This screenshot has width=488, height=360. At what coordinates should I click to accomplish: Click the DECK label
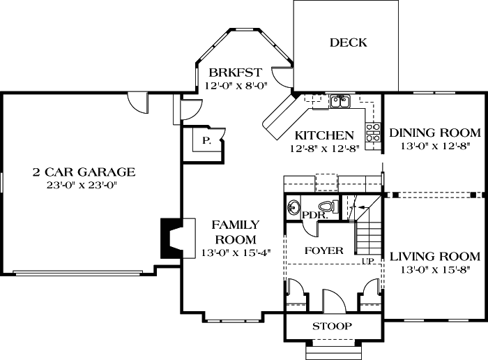click(x=348, y=43)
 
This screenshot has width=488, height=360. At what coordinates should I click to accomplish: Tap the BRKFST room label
click(x=230, y=73)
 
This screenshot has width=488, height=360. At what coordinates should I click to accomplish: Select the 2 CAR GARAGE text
click(x=83, y=172)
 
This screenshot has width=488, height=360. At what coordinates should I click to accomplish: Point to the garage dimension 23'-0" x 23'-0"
click(x=83, y=186)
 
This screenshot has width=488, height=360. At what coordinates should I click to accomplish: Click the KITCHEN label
click(x=324, y=135)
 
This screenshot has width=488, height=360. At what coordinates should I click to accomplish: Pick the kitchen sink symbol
click(x=340, y=103)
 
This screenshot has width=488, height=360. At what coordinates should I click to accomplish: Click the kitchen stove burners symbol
click(x=373, y=133)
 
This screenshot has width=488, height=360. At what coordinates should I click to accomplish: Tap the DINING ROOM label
click(x=434, y=133)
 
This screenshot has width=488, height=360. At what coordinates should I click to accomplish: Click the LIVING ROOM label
click(x=434, y=256)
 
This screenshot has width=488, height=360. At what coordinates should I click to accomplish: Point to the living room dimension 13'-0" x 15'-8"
click(x=434, y=270)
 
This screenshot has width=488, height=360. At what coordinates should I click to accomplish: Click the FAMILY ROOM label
click(x=236, y=232)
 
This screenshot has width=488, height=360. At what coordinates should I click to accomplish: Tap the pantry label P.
click(x=206, y=140)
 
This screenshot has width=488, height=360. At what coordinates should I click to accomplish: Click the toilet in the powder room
click(x=326, y=206)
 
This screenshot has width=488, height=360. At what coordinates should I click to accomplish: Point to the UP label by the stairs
click(x=367, y=262)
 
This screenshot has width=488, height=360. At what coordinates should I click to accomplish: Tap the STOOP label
click(x=331, y=327)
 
